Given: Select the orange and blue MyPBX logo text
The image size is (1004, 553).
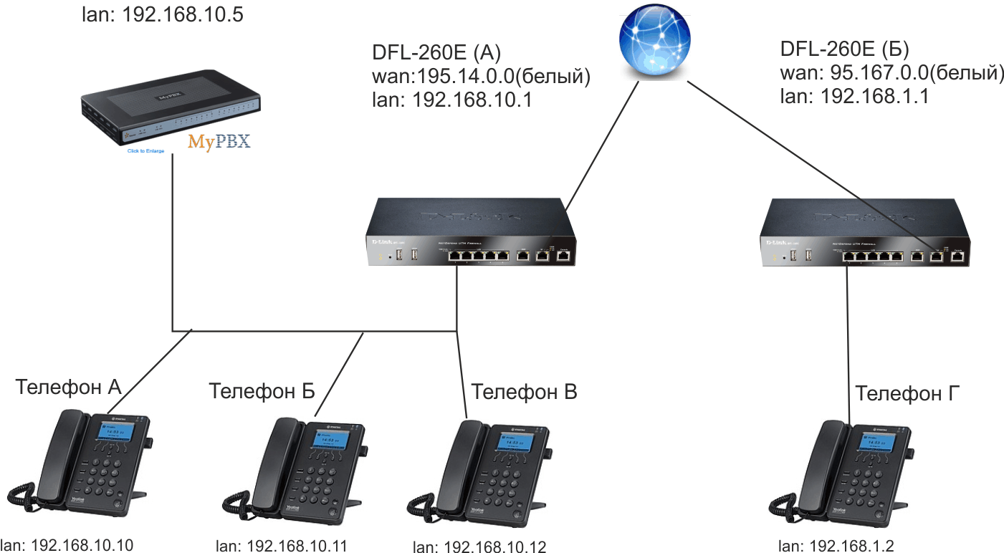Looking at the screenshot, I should [219, 140].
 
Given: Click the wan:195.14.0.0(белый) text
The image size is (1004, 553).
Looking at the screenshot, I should [481, 77].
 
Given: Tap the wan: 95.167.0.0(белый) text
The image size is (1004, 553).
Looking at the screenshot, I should [891, 72].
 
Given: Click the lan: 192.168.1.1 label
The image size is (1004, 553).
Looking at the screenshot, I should [854, 96].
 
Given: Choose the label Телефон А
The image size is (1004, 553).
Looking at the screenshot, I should [69, 388].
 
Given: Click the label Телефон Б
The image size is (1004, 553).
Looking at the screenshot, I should [262, 392].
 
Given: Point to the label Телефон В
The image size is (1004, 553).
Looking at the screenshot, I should [524, 392].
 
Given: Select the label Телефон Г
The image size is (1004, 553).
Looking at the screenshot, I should [908, 393].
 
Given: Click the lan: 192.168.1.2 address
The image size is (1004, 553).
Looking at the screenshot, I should [836, 546].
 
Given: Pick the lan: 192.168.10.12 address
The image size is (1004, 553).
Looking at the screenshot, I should [479, 547].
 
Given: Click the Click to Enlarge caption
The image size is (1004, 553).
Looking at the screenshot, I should [145, 151].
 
